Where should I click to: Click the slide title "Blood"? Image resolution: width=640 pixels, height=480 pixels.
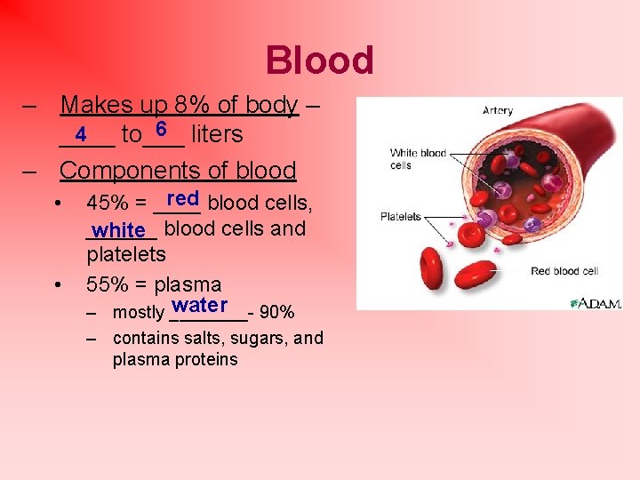(319, 60)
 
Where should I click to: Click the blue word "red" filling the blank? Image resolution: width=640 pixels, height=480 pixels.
(181, 197)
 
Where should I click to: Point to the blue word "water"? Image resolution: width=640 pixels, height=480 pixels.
(202, 305)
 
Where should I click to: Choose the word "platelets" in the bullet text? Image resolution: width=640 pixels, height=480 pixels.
(126, 254)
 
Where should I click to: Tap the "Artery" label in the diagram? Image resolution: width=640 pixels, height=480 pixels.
(497, 111)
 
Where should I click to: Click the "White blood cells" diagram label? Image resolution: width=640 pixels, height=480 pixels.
(418, 159)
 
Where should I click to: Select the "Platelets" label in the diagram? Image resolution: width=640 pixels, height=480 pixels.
(401, 217)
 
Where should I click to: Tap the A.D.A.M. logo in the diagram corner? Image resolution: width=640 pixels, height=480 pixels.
(596, 302)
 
